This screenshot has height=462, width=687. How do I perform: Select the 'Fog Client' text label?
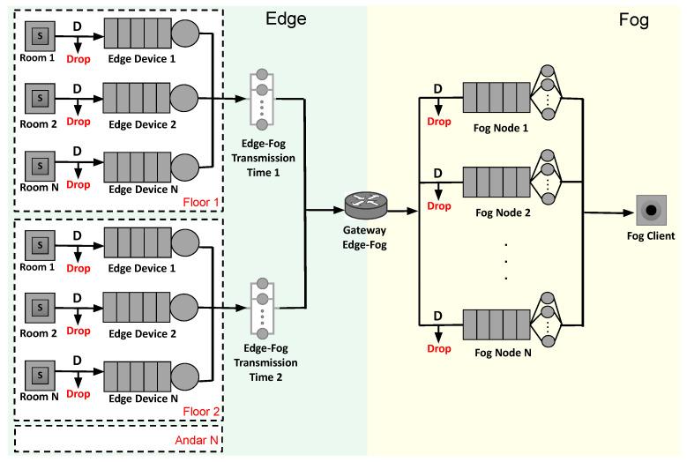652,235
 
